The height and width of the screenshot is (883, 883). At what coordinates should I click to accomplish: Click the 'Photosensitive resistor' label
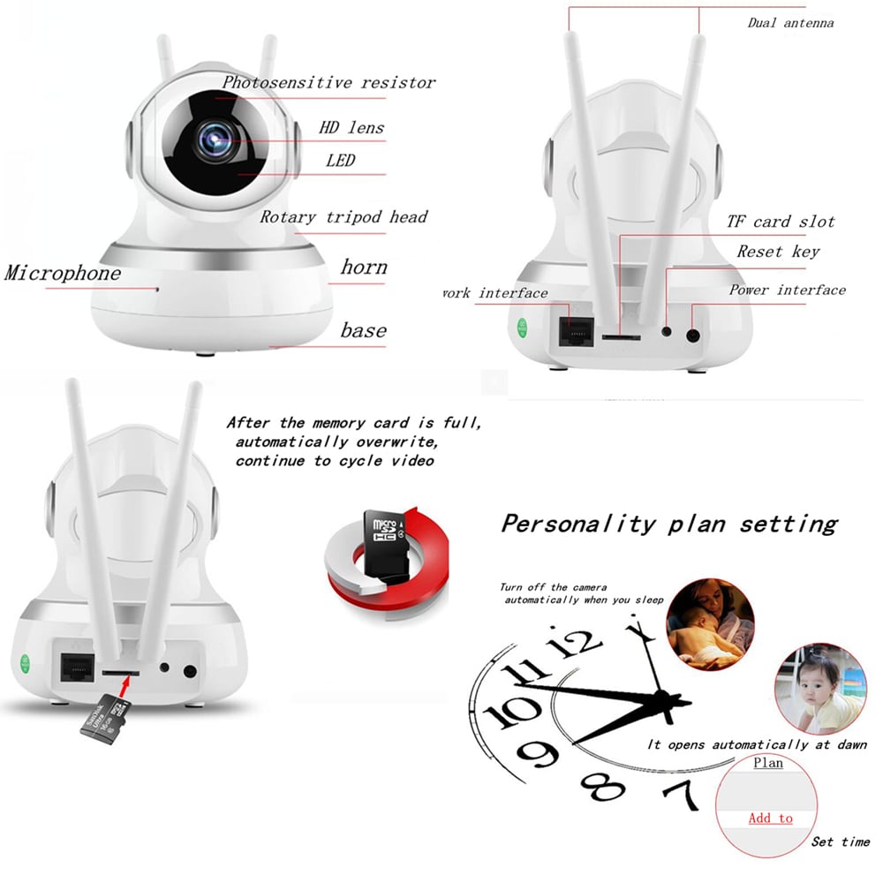(328, 82)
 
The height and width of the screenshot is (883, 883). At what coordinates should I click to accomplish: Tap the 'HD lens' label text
(352, 127)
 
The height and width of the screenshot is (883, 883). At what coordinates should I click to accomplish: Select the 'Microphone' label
(63, 272)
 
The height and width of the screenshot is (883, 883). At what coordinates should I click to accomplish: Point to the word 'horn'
(364, 267)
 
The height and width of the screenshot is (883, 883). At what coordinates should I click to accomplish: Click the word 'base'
(364, 330)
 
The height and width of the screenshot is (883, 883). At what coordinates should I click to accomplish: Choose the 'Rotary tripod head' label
(343, 217)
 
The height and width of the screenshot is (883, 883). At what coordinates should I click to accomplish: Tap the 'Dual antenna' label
(790, 22)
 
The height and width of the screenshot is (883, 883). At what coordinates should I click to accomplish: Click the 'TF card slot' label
(781, 221)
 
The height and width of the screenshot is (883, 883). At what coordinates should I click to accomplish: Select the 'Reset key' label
(778, 252)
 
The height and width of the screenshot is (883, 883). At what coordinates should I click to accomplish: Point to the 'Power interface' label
(787, 290)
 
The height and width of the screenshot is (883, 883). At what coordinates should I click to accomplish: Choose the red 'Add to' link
(770, 818)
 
